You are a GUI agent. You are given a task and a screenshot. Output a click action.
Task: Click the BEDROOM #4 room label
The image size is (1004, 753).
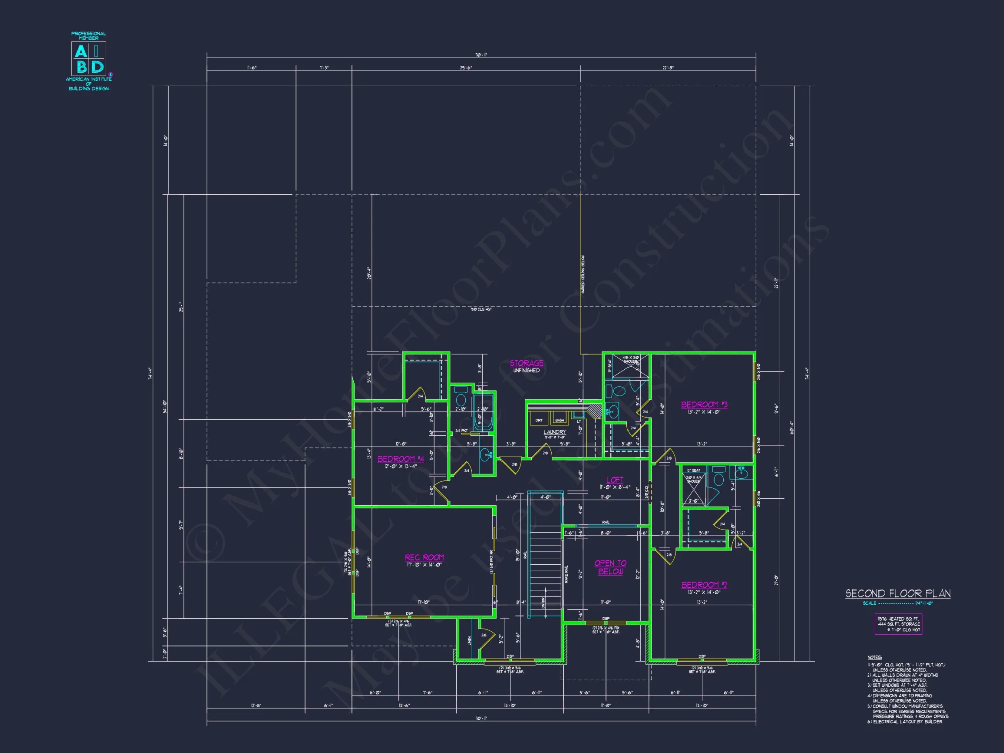pos(400,459)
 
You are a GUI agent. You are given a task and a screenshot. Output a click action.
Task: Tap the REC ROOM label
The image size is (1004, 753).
pos(424,557)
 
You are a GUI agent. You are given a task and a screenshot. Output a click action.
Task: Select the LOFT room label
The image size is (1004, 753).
pos(614,480)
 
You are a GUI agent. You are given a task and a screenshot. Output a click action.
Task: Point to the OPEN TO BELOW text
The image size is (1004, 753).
pos(610,567)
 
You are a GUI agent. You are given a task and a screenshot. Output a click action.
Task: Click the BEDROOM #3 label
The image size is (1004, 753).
pos(704,404)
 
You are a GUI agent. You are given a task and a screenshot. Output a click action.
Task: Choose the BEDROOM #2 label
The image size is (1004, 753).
pos(704,585)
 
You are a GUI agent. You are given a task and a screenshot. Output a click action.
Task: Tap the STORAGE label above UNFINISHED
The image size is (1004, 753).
pos(526,363)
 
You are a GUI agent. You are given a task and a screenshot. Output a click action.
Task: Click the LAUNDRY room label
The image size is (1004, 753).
pos(555,432)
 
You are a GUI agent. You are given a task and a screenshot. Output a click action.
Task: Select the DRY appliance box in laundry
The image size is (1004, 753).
pos(539,420)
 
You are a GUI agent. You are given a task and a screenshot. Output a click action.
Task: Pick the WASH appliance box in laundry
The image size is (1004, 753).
pos(559,420)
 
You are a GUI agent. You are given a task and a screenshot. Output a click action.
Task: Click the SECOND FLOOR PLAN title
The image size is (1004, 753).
pos(898,593)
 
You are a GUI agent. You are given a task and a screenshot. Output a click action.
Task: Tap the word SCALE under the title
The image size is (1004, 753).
pos(869,603)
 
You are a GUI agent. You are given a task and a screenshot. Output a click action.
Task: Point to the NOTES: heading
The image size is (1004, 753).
pos(874,657)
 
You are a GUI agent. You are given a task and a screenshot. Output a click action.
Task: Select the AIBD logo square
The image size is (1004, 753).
pos(89,59)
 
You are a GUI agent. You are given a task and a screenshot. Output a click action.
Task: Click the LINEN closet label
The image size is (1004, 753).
pos(470,640)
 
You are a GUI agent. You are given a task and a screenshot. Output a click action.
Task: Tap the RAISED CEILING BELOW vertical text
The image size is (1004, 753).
pos(583,274)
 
